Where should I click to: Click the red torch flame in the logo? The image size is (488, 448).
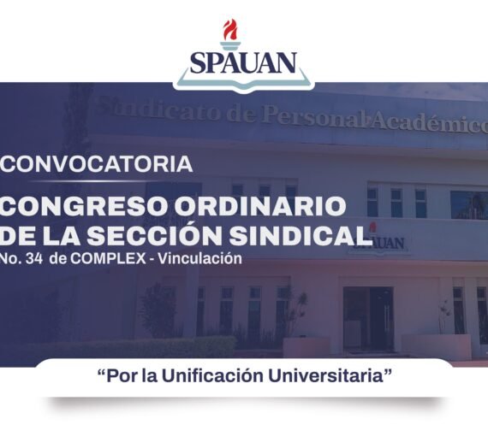click(229, 32)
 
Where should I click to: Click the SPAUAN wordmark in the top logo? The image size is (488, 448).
click(243, 62)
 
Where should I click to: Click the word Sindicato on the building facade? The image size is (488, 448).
click(146, 112)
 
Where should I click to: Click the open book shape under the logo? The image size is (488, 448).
click(243, 82)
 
